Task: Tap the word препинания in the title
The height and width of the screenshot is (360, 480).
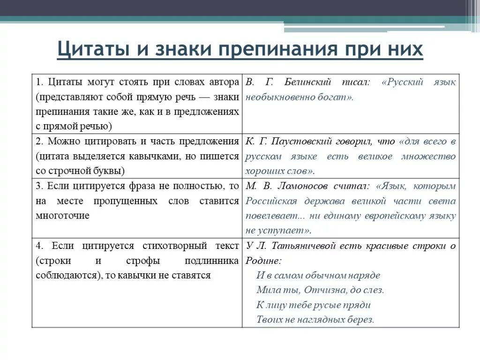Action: (278, 49)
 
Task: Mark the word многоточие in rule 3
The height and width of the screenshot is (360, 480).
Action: (62, 216)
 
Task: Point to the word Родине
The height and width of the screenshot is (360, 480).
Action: (262, 261)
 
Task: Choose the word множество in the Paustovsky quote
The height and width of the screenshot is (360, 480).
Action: (428, 156)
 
